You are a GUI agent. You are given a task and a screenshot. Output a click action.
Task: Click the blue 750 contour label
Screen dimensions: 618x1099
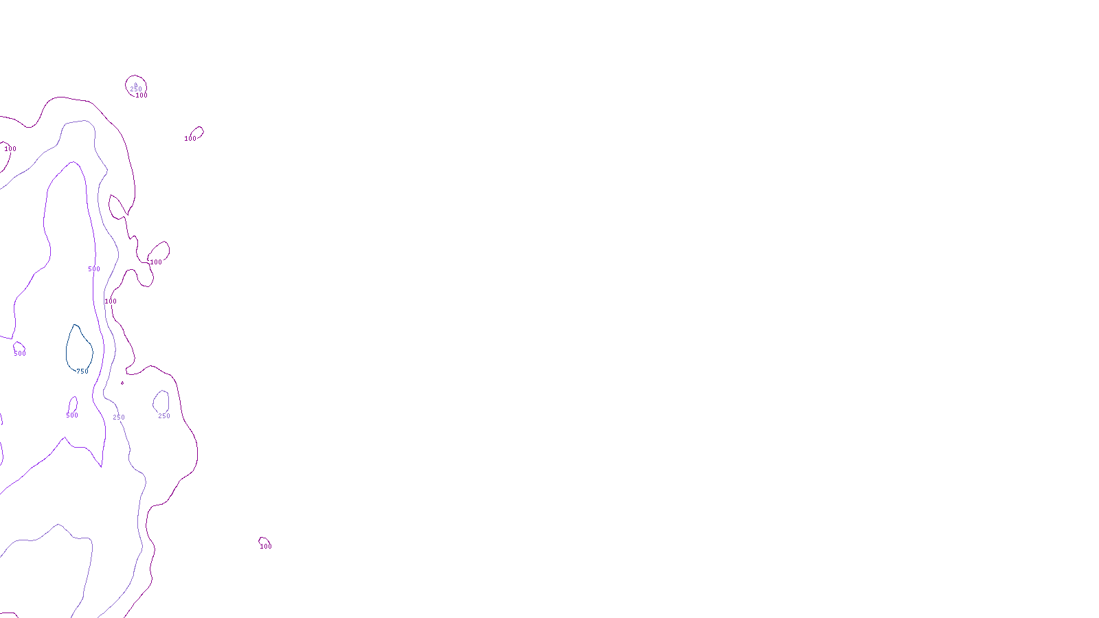point(82,371)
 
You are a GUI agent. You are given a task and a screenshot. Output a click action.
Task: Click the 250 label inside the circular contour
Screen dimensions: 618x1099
point(136,89)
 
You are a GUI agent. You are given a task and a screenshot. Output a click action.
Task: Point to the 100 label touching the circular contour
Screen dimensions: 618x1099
point(141,95)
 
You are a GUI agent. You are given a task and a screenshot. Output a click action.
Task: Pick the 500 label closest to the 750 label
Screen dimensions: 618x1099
point(72,415)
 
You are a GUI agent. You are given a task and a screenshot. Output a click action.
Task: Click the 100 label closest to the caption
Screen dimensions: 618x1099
point(266,547)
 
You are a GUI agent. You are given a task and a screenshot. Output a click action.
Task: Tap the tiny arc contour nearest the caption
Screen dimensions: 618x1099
point(262,539)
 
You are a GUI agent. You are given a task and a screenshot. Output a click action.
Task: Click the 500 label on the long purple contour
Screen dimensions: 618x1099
point(94,269)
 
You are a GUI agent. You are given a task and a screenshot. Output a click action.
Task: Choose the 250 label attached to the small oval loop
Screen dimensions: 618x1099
point(164,416)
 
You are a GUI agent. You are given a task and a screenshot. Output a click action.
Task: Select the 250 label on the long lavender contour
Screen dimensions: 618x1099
point(119,417)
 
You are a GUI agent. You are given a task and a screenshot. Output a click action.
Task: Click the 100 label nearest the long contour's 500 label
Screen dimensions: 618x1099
point(111,301)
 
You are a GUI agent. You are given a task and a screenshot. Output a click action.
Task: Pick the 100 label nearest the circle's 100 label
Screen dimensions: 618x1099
point(190,139)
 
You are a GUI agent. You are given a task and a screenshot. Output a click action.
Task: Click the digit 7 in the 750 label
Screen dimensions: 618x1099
point(78,371)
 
